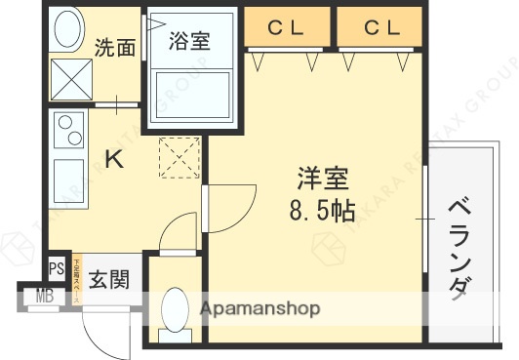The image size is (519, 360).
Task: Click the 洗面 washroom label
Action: (x=115, y=49)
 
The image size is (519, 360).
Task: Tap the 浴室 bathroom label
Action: (x=188, y=41)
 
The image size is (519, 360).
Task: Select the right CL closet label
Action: (x=381, y=28)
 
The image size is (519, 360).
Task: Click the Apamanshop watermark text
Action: (x=260, y=310)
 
